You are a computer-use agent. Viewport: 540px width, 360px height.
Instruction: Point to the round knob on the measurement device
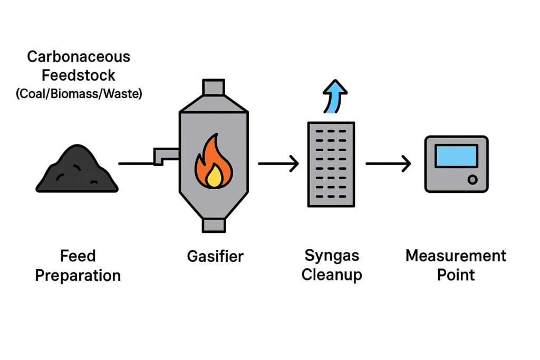click(472, 179)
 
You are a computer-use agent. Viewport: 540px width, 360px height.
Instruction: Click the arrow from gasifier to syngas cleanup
click(278, 164)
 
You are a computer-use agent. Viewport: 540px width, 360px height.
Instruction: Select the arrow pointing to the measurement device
click(388, 164)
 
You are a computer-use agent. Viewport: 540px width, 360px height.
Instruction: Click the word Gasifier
click(215, 257)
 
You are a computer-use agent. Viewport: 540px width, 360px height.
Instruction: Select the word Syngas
click(332, 256)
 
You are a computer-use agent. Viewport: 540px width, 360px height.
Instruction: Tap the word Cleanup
click(332, 275)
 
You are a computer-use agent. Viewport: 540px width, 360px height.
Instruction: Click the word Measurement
click(456, 256)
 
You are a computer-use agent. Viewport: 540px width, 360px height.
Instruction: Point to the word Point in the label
click(456, 275)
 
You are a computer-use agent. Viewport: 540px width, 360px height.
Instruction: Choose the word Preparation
click(78, 275)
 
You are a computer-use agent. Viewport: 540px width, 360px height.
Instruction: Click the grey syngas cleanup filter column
click(331, 163)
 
